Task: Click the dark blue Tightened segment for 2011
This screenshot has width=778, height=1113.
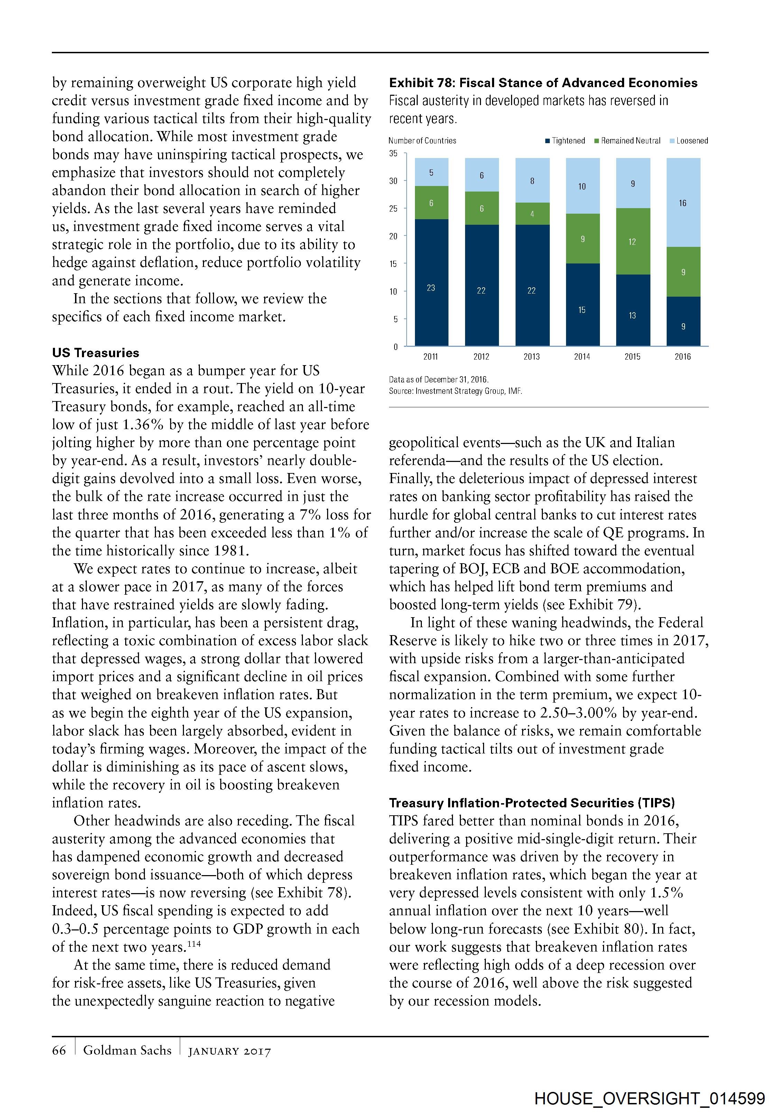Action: [431, 282]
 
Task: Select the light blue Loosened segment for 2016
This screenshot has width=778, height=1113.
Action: [683, 203]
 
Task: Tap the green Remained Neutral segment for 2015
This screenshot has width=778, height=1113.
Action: [632, 241]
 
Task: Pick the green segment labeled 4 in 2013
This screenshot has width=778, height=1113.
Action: [532, 214]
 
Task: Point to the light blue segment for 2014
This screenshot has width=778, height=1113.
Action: [582, 186]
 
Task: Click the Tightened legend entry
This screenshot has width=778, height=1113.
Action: [565, 141]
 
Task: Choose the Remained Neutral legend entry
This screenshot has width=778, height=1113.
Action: [627, 141]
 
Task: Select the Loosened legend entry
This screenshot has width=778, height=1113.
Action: [689, 141]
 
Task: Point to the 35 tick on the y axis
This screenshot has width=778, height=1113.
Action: [393, 154]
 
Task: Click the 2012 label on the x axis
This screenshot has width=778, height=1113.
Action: [481, 357]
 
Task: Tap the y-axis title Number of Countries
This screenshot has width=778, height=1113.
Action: [422, 141]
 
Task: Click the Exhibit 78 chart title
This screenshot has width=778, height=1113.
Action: [543, 83]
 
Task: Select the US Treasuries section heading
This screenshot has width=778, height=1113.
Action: [95, 353]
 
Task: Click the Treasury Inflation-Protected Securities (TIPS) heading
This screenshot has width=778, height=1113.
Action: [532, 803]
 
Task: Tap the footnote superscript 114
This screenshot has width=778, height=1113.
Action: [194, 944]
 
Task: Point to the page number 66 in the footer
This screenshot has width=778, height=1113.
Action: [59, 1050]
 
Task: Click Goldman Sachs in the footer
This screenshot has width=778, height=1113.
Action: [127, 1050]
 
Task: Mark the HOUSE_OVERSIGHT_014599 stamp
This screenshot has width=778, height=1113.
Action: [650, 1098]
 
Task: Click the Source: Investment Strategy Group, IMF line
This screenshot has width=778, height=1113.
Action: [455, 391]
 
